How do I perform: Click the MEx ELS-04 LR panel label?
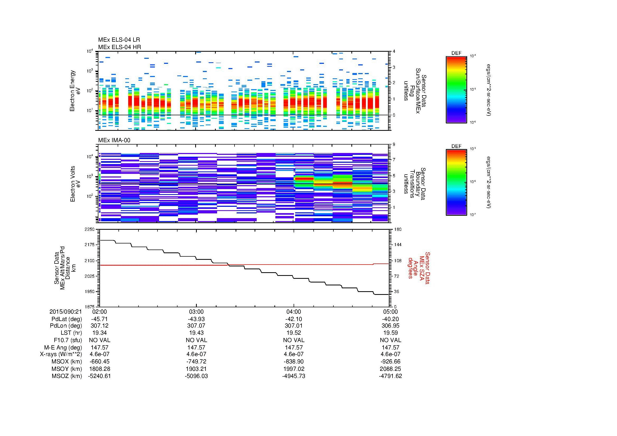(119, 40)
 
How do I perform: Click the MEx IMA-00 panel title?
(114, 140)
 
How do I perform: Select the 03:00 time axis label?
(197, 312)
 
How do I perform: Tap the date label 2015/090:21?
(66, 312)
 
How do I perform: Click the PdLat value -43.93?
(197, 319)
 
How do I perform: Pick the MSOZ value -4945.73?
(293, 376)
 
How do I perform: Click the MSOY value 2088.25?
(390, 369)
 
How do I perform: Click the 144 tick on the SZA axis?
(398, 245)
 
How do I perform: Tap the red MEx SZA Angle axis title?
(419, 268)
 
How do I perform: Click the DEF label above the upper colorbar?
(456, 53)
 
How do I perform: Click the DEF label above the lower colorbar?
(456, 146)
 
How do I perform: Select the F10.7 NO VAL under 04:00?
(293, 340)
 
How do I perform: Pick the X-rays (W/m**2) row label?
(61, 354)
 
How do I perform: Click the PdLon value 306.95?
(390, 326)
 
